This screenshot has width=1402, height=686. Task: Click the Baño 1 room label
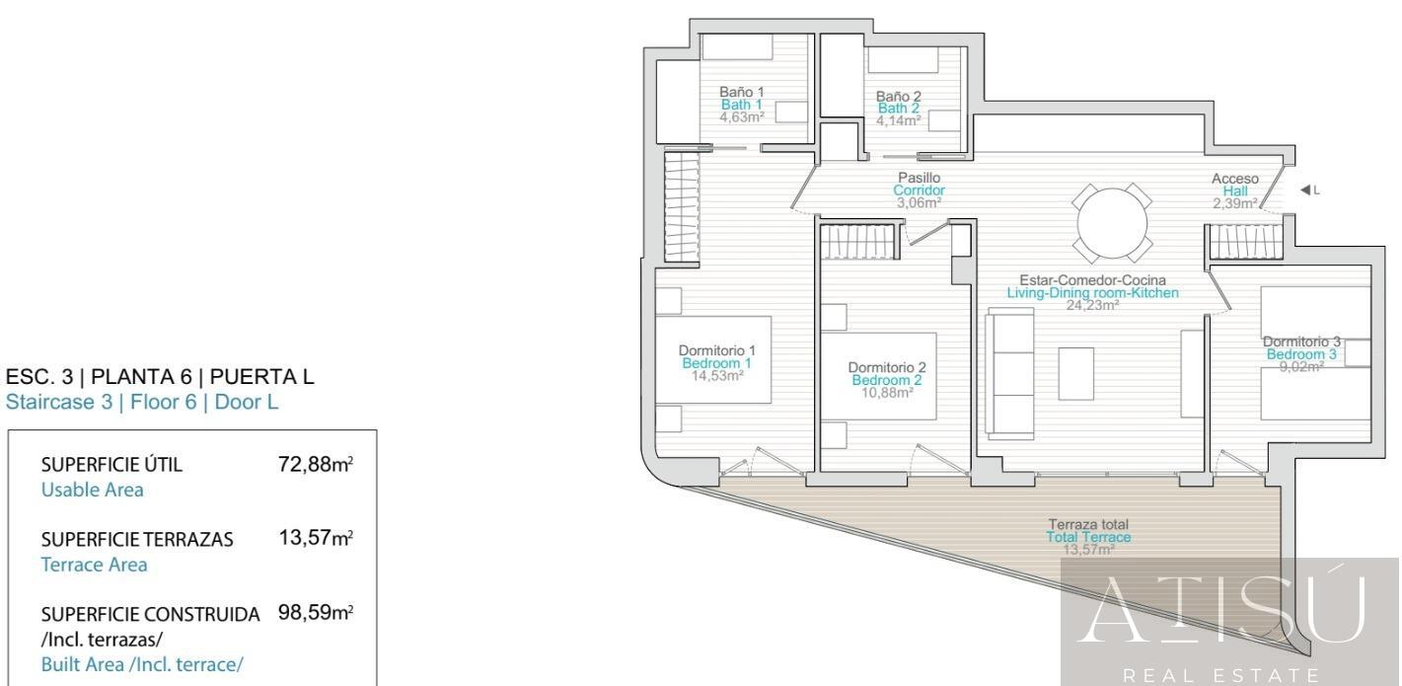click(x=741, y=93)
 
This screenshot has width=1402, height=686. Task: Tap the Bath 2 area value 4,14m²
click(x=898, y=119)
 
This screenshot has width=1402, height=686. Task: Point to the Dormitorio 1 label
click(x=717, y=350)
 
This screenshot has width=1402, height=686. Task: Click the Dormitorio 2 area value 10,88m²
click(x=887, y=392)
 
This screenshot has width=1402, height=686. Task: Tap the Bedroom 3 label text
click(x=1301, y=354)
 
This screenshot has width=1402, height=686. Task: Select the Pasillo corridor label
click(x=919, y=178)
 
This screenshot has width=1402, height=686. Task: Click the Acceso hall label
click(x=1234, y=179)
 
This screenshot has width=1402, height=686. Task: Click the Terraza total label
click(x=1088, y=524)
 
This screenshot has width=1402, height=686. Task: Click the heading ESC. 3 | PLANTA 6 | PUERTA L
click(x=161, y=378)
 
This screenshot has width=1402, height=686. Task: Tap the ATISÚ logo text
click(x=1229, y=610)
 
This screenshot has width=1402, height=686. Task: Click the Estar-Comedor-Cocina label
click(x=1092, y=280)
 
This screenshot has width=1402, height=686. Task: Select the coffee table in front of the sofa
click(x=1075, y=372)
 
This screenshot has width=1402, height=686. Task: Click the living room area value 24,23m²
click(x=1092, y=306)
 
